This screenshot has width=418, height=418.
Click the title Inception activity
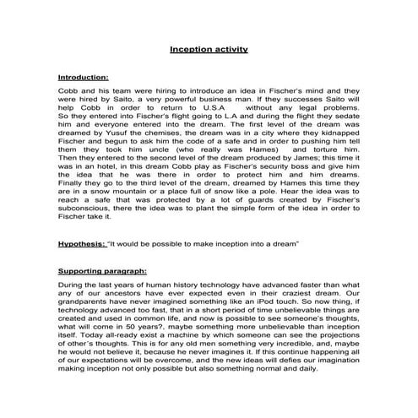click(209, 50)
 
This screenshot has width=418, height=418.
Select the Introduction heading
click(84, 78)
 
